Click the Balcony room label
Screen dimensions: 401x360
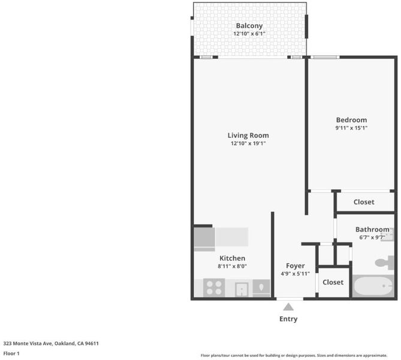pos(249,26)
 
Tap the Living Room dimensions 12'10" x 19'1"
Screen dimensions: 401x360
pos(248,143)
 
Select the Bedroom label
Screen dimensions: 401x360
pos(351,120)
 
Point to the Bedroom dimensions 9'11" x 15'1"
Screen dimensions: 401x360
pos(351,128)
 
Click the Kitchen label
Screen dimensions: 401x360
pos(232,258)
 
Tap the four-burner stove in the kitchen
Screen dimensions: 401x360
pos(214,288)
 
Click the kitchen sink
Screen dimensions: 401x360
pos(242,289)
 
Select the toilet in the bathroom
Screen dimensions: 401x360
pos(384,263)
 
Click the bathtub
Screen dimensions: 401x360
pos(373,286)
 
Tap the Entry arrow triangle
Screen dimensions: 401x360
pos(288,307)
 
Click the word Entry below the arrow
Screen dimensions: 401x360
pos(288,319)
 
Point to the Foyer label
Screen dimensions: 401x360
pos(295,266)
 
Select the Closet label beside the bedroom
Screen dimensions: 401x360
pos(364,202)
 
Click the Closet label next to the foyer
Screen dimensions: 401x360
pos(333,282)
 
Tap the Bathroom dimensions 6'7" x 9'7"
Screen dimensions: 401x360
pos(372,238)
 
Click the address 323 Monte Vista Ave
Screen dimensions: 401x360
pos(28,343)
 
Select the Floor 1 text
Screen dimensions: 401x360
pos(11,353)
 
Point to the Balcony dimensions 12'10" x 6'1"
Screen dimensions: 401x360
pos(249,34)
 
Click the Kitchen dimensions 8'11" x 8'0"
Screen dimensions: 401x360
pos(232,266)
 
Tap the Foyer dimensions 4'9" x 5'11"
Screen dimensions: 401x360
pos(295,274)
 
